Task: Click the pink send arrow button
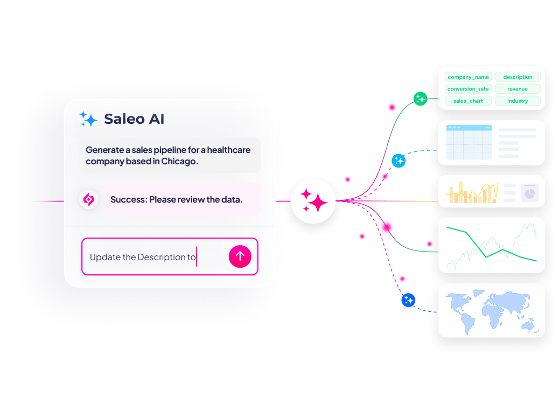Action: (240, 256)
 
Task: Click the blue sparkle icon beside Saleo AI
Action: (88, 119)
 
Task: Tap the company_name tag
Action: (468, 77)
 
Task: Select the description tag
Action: (518, 77)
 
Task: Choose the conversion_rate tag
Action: (468, 89)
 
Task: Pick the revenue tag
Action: (518, 89)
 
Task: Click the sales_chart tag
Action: (468, 101)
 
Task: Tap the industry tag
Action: (518, 101)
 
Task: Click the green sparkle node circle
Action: (420, 99)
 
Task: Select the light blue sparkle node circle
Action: (399, 161)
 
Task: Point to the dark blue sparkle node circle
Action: (408, 300)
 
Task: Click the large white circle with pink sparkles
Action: (313, 201)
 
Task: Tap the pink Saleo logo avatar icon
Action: (88, 199)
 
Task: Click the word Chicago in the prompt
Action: (178, 161)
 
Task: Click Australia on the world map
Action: (528, 325)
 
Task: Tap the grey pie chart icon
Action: (530, 193)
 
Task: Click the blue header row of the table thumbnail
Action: (469, 127)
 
